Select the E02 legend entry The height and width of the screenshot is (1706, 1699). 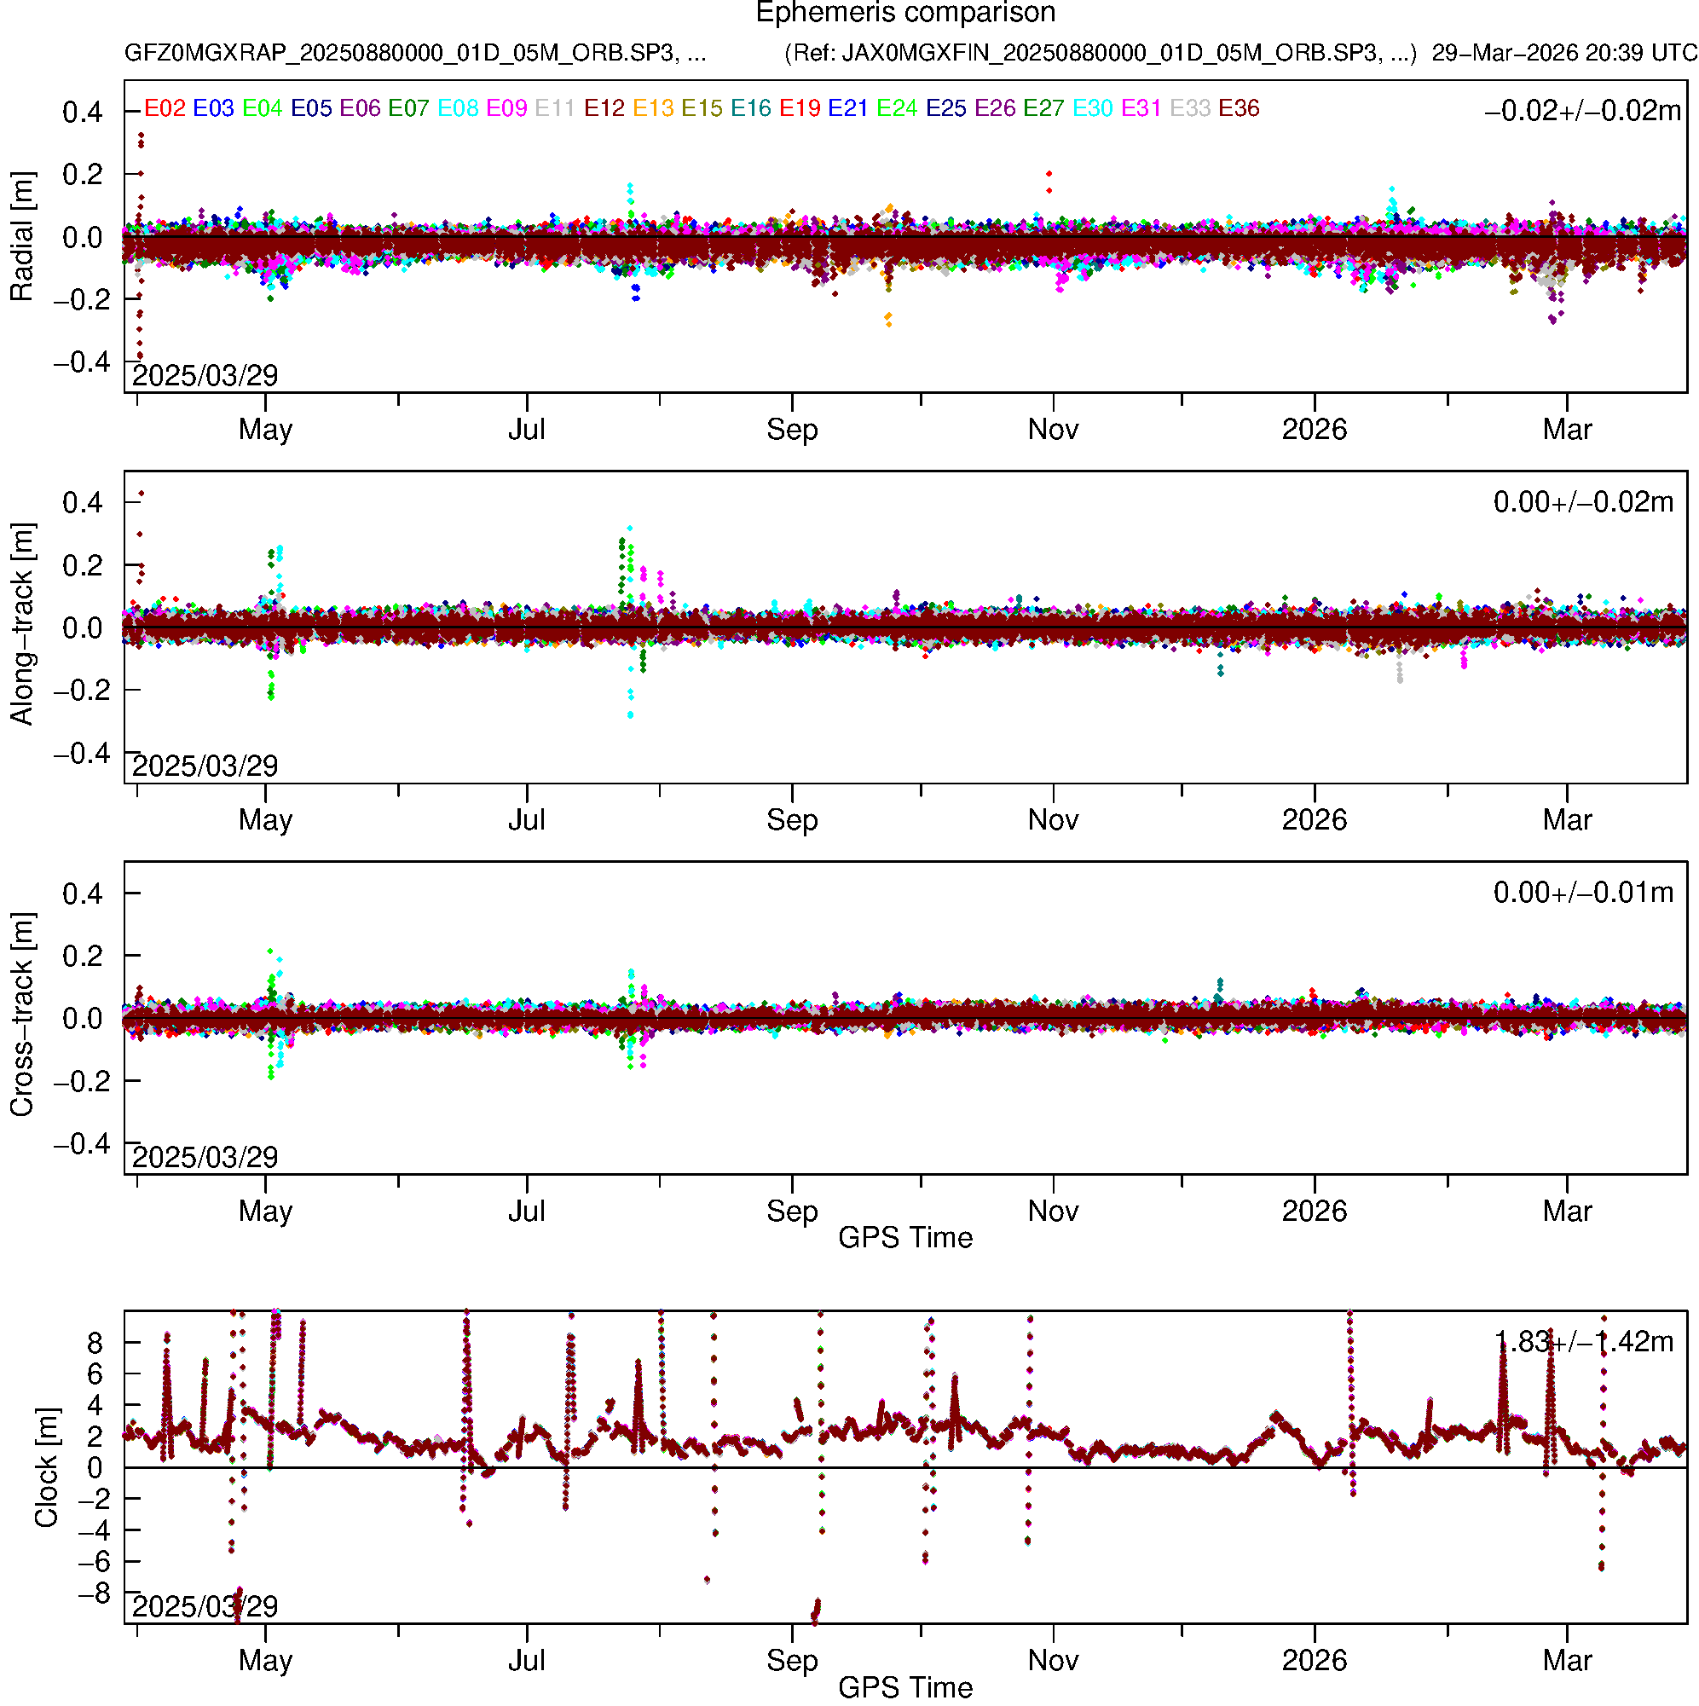pyautogui.click(x=165, y=108)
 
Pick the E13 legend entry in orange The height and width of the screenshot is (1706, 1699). pyautogui.click(x=653, y=108)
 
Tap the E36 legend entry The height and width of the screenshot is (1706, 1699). pyautogui.click(x=1238, y=108)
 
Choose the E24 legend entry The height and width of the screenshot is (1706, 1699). pyautogui.click(x=896, y=108)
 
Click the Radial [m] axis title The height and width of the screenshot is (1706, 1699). pyautogui.click(x=21, y=237)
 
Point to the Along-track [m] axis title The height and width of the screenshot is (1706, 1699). pyautogui.click(x=21, y=625)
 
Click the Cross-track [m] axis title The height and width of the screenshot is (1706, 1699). pyautogui.click(x=21, y=1015)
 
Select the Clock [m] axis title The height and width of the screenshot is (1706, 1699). pyautogui.click(x=46, y=1467)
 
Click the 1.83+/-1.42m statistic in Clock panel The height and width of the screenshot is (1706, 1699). pyautogui.click(x=1582, y=1342)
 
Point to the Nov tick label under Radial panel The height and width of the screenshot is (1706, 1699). pyautogui.click(x=1053, y=430)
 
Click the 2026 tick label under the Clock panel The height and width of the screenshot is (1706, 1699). pyautogui.click(x=1314, y=1661)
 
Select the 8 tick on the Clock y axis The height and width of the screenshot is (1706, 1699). pyautogui.click(x=95, y=1344)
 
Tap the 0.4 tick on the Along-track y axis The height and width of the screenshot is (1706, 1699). pyautogui.click(x=82, y=503)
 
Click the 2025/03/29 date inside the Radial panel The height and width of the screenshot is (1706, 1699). pyautogui.click(x=205, y=376)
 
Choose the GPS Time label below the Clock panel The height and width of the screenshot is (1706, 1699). pyautogui.click(x=905, y=1688)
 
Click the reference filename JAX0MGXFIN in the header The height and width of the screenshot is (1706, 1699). pyautogui.click(x=1101, y=53)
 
